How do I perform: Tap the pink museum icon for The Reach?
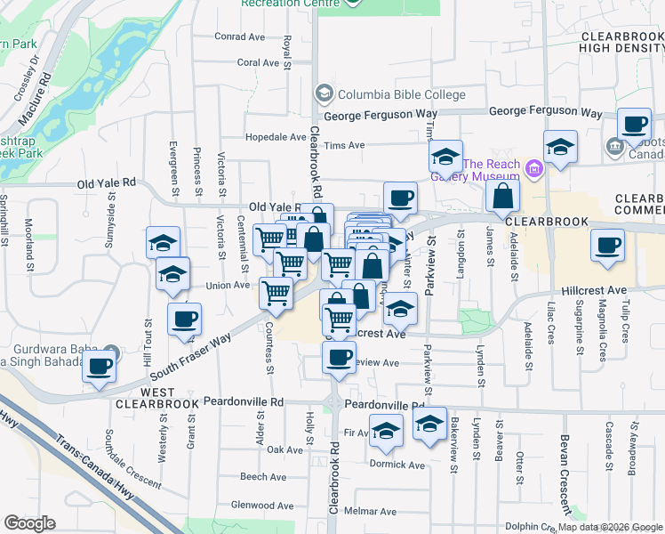pyautogui.click(x=533, y=166)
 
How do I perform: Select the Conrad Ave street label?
pyautogui.click(x=240, y=37)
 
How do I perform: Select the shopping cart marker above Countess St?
pyautogui.click(x=276, y=292)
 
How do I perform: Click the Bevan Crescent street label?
pyautogui.click(x=565, y=467)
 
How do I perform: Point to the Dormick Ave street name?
pyautogui.click(x=398, y=465)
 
